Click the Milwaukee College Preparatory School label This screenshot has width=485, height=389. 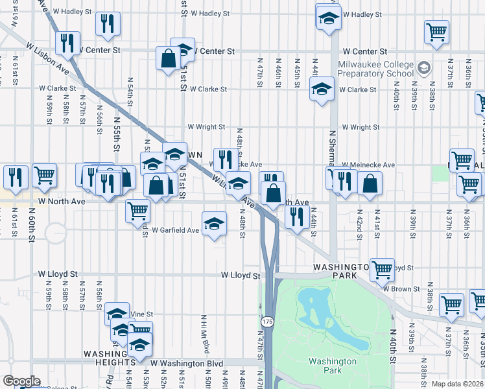(x=375, y=69)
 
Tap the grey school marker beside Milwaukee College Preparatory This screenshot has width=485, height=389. (x=423, y=67)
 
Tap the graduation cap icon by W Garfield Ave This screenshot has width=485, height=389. (x=214, y=224)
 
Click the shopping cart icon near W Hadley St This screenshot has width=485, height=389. (x=437, y=31)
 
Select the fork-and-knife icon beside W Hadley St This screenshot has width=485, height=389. (x=108, y=23)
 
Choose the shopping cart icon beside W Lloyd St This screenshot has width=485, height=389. (x=383, y=268)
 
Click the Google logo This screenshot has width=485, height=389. (x=21, y=381)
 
